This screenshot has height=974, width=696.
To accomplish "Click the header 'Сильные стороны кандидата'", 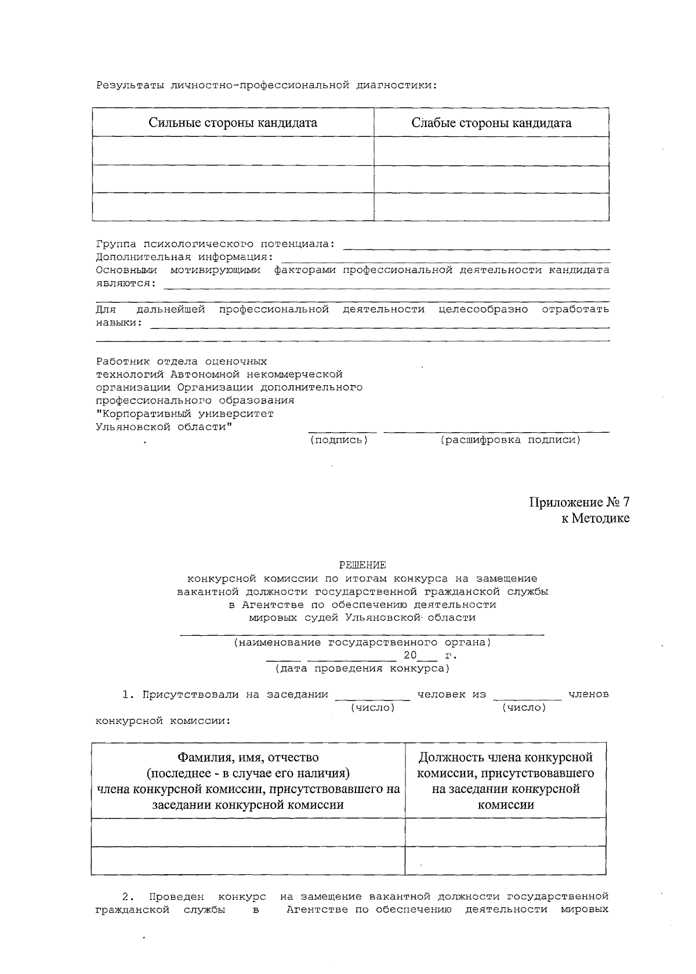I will [x=233, y=123].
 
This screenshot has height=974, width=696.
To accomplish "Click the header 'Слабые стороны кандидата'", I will [x=491, y=123].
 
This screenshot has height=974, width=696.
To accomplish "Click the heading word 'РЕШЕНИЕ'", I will [x=362, y=564].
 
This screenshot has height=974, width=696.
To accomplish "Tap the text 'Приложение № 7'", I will [x=579, y=502].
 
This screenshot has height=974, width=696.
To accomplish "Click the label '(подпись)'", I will [x=339, y=440].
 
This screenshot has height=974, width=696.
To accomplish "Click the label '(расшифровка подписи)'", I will [x=510, y=440].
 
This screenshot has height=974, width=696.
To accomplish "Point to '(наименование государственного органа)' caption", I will [x=362, y=643].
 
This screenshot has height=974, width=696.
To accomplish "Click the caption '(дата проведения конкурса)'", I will [x=362, y=668].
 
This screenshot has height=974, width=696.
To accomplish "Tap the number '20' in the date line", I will [x=410, y=656].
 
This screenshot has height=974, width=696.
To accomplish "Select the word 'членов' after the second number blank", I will [x=589, y=694].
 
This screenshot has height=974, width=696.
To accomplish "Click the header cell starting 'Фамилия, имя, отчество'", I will [x=248, y=781].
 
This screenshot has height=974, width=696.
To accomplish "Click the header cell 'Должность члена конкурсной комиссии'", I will [x=505, y=781].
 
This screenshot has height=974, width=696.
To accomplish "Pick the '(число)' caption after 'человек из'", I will [x=524, y=708].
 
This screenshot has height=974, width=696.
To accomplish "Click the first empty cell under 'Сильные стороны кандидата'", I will [x=233, y=151].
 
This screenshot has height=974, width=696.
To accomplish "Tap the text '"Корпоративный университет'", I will [x=184, y=414].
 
